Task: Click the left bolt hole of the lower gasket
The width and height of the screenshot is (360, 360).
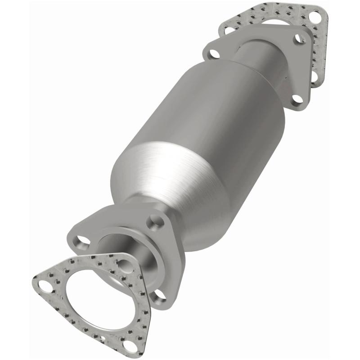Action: [x=44, y=285]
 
